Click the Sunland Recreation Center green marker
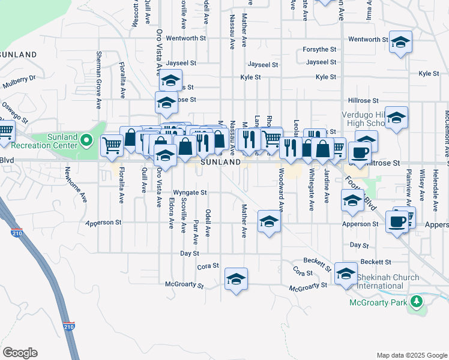[86, 141]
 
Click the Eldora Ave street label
[171, 214]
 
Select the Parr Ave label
[196, 231]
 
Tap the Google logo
[20, 352]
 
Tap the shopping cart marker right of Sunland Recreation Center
[112, 145]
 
